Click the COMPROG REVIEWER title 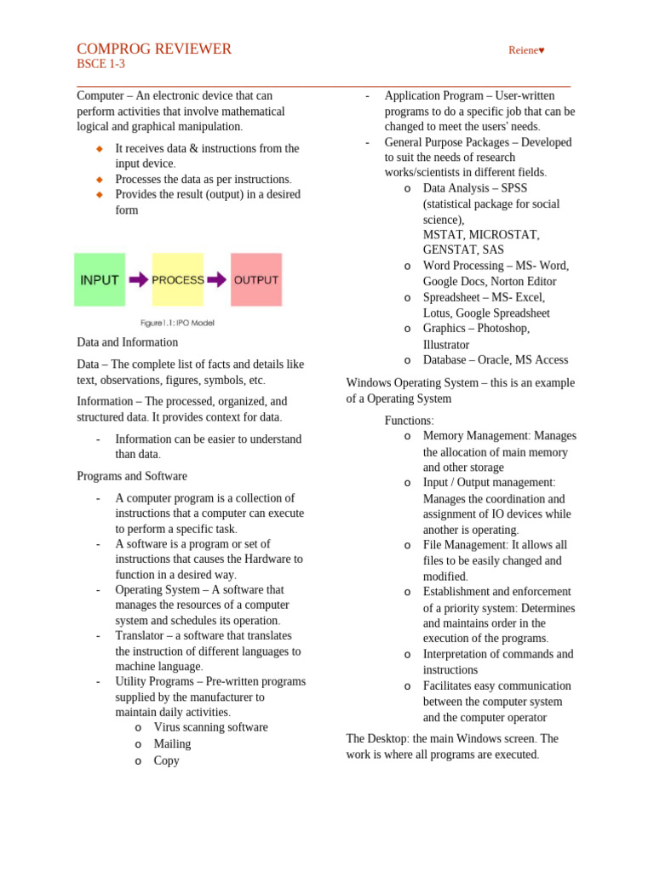[154, 49]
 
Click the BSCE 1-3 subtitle [100, 65]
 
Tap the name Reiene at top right [525, 50]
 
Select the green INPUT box [100, 279]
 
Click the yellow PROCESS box [177, 279]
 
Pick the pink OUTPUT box [256, 279]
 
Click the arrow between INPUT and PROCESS [138, 279]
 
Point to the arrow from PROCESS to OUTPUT [216, 279]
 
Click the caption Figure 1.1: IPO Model [177, 323]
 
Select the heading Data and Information [127, 342]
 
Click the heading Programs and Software [132, 476]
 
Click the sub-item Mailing [172, 743]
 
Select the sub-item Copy [166, 760]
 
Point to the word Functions [409, 421]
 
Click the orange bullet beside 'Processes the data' [100, 180]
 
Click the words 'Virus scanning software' [210, 727]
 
